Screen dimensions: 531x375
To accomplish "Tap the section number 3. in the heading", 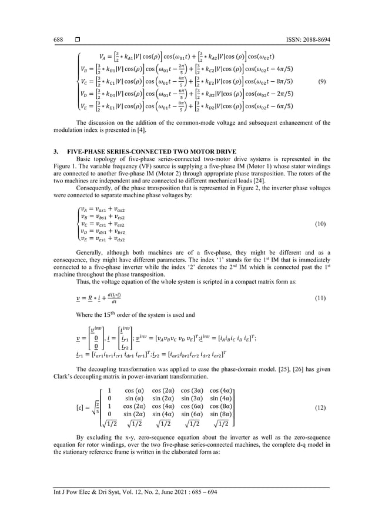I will [x=55, y=151].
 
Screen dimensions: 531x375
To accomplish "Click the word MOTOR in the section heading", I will [x=187, y=151].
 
